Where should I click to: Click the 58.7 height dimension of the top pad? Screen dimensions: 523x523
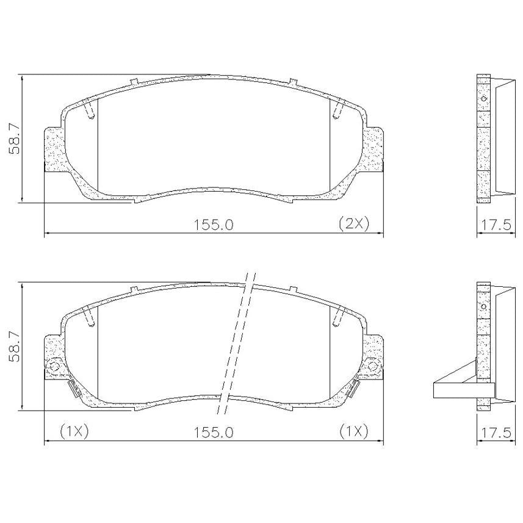(15, 139)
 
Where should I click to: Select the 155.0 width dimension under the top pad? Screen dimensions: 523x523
(214, 225)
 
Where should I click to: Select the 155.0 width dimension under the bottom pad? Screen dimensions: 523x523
(214, 433)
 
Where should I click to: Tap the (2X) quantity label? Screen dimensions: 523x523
(354, 224)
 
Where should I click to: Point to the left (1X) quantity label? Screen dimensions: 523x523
(74, 432)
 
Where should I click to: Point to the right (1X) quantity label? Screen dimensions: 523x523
(354, 432)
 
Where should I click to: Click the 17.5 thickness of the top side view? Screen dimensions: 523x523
(495, 225)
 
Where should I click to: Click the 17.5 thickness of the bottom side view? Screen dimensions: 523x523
(495, 433)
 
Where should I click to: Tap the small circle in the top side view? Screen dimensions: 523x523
(484, 98)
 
